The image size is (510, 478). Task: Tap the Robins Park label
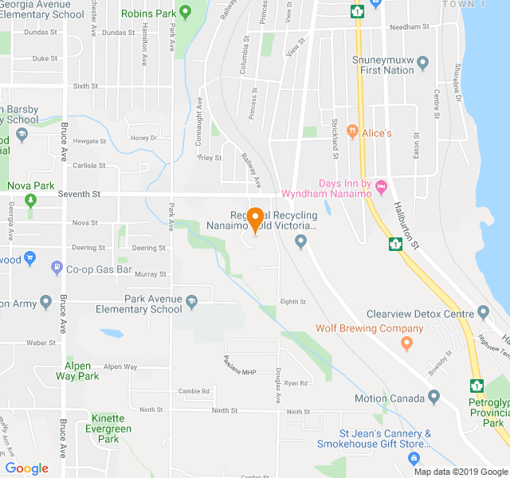[x=149, y=14]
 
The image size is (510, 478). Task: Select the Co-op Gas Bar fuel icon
[x=57, y=268]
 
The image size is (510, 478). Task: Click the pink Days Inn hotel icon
[x=380, y=186]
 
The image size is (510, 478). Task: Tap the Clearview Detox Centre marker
[x=483, y=311]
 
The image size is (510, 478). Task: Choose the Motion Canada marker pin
[x=433, y=397]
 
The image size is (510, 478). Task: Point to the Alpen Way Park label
[x=82, y=370]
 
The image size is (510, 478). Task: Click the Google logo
[x=26, y=468]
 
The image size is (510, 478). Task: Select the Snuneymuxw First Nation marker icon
[x=422, y=62]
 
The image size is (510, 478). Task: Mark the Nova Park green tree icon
[x=30, y=200]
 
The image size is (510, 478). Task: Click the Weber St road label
[x=41, y=343]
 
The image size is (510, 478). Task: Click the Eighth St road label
[x=293, y=301]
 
